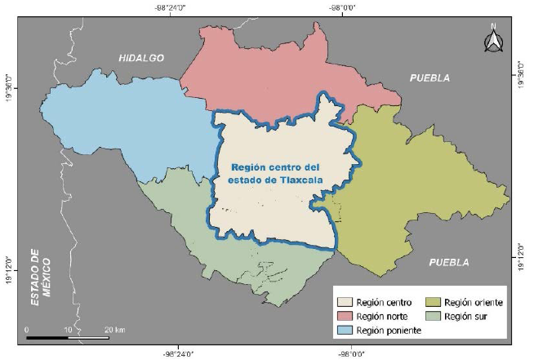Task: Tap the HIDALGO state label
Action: (x=140, y=58)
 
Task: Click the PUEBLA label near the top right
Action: (x=429, y=78)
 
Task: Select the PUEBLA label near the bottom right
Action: (x=449, y=262)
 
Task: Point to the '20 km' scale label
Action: (x=113, y=329)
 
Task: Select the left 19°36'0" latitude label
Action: (x=11, y=87)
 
